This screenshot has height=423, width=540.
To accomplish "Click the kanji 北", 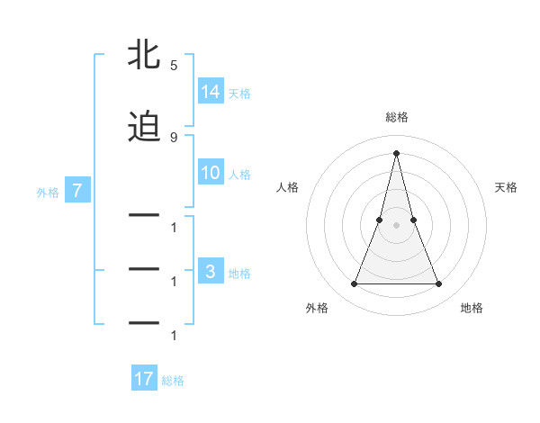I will (x=144, y=55).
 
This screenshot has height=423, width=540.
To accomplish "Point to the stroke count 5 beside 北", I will (x=174, y=66).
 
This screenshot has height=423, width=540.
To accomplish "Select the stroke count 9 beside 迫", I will (x=174, y=137).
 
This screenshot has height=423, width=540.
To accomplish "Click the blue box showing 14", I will (x=210, y=92).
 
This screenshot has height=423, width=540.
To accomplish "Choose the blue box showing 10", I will (x=210, y=173).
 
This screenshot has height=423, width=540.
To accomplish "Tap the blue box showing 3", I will (x=210, y=273).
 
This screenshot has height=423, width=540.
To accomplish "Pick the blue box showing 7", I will (x=78, y=191).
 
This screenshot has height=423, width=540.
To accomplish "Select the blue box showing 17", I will (x=144, y=379).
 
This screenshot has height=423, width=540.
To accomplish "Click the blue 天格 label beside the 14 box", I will (x=239, y=93).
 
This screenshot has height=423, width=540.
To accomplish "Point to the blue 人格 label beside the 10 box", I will (x=239, y=174).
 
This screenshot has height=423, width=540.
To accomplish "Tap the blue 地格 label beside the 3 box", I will (x=239, y=274).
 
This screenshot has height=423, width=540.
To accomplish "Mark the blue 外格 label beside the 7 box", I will (x=48, y=192).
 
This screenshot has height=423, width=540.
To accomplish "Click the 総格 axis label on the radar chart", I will (x=396, y=117).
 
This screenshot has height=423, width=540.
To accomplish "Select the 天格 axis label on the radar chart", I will (x=507, y=187).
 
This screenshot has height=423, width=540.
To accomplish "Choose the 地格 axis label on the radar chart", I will (x=472, y=308).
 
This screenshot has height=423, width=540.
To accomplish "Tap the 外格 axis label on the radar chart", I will (x=317, y=308).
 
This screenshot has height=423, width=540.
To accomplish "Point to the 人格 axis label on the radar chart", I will (x=287, y=187).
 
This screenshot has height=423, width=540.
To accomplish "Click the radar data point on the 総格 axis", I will (x=396, y=152).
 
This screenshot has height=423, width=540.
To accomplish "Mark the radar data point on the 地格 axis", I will (x=439, y=284).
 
